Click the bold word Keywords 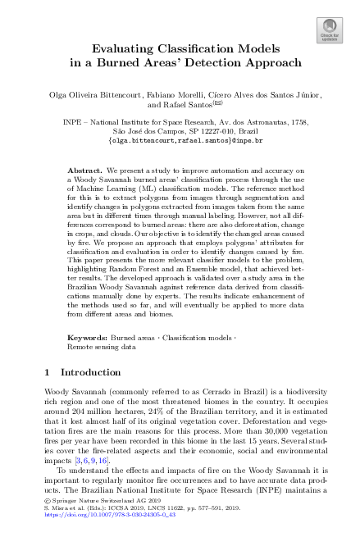coord(86,337)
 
